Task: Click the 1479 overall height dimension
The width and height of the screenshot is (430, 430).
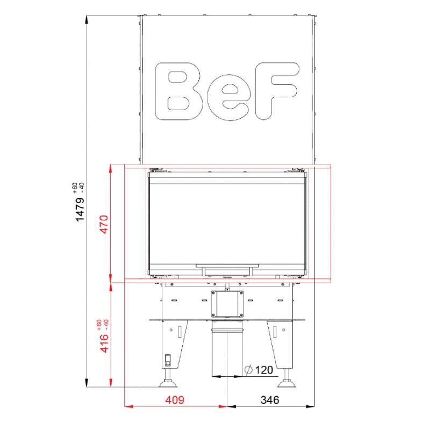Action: (x=80, y=209)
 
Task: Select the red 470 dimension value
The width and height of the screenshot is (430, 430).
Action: (x=104, y=224)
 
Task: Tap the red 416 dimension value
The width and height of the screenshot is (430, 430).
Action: (x=104, y=343)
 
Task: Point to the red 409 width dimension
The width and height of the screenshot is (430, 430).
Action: (x=175, y=400)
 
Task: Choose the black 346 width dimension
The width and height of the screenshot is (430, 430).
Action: (x=270, y=400)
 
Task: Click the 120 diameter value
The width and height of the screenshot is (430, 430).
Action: (x=264, y=370)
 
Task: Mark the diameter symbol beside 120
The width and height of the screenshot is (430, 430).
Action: (x=248, y=370)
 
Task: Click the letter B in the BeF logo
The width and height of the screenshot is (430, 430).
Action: (x=179, y=91)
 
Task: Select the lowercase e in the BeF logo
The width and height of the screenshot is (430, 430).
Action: (x=229, y=98)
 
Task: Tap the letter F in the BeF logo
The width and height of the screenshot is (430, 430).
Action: (x=276, y=91)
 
